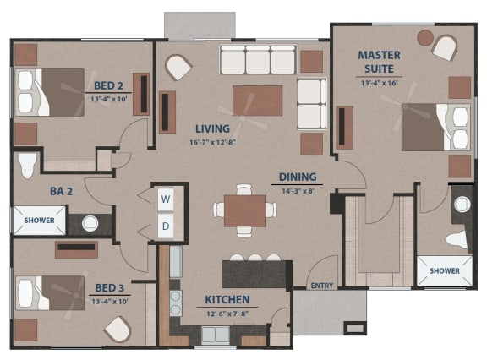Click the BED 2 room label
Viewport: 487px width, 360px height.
click(x=111, y=85)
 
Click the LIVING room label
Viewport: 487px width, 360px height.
click(x=213, y=128)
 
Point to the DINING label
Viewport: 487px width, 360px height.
click(x=298, y=177)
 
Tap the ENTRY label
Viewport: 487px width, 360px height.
click(x=322, y=286)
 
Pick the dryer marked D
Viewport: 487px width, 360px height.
click(x=166, y=226)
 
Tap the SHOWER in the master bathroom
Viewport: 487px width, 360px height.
click(x=445, y=271)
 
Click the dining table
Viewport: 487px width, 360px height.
click(x=245, y=210)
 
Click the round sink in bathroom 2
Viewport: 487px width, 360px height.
click(x=90, y=224)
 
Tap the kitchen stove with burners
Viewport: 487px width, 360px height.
click(x=176, y=302)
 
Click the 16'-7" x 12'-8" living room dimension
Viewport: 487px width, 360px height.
click(x=213, y=142)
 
